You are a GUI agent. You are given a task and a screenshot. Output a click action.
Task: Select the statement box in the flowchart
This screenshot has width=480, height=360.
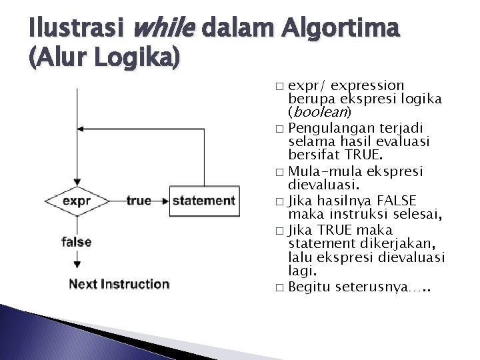tap(203, 201)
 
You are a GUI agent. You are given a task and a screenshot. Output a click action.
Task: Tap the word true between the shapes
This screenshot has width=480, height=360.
tap(138, 201)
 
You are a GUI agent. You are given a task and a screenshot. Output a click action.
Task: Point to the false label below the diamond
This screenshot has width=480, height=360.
tap(77, 241)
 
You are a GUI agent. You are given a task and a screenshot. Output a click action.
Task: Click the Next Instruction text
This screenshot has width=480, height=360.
tap(119, 284)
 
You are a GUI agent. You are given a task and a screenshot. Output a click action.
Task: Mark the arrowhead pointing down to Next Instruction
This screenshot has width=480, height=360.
tap(78, 269)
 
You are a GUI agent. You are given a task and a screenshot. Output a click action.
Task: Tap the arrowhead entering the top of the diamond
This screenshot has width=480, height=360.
tap(78, 181)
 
